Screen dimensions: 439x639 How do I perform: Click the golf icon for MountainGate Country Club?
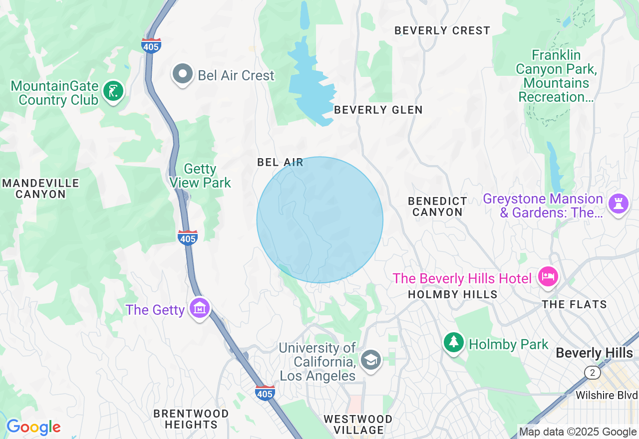coord(113,91)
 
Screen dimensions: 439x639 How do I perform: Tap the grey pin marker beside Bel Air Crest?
coord(183,74)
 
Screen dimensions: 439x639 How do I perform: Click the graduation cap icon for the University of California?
coord(370,359)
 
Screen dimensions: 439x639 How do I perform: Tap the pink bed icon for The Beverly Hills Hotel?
coord(548,276)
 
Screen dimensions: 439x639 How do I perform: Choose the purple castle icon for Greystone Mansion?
coord(619,203)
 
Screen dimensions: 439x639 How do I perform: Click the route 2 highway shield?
coord(592,373)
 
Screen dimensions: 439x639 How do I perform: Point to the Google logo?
coord(33,427)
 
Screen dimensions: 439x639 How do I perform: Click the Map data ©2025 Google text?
coord(578,432)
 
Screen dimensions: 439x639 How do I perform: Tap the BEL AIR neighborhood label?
coord(280,162)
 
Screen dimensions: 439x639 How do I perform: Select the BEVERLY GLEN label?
coord(378,110)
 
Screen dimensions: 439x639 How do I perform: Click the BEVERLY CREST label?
coord(442,30)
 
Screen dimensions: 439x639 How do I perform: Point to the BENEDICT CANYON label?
coord(437,207)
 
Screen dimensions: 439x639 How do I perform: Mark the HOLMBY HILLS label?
coord(452,294)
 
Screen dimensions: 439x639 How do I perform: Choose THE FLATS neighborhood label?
coord(574,304)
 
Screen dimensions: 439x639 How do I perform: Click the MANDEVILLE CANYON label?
coord(40,189)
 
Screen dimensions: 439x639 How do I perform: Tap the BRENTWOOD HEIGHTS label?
coord(191,419)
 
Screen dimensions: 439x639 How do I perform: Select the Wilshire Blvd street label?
coord(606,395)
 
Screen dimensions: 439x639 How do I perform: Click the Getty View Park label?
coord(200,176)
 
